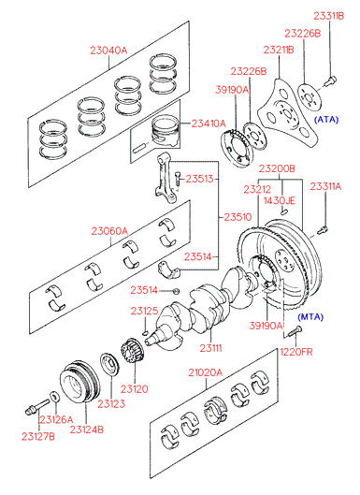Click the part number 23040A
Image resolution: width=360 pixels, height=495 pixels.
(x=108, y=51)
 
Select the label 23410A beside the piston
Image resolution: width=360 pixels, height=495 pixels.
(x=209, y=124)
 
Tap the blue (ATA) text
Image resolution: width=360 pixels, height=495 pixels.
(x=326, y=120)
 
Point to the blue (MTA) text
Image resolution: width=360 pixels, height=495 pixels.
(x=310, y=316)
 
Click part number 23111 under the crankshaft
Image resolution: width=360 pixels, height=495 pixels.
(x=210, y=348)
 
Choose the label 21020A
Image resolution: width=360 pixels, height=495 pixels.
(x=206, y=372)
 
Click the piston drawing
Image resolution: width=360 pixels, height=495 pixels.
(x=165, y=130)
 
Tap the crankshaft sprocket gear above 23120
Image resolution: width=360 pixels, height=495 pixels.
(x=133, y=351)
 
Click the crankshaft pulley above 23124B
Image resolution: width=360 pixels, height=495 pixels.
(x=79, y=381)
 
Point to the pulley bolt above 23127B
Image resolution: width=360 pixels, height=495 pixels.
(x=37, y=406)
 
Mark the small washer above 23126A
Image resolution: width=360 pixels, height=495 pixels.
(x=54, y=397)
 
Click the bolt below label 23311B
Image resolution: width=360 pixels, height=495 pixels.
(x=330, y=80)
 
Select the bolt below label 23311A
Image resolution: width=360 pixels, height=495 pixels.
(x=323, y=229)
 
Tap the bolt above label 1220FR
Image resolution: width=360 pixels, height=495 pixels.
(x=295, y=331)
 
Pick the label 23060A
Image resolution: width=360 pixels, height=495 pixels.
(x=109, y=231)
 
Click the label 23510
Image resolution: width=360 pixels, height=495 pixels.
(x=238, y=217)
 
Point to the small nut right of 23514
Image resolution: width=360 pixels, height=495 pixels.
(x=177, y=290)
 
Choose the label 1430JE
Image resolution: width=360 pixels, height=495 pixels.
(x=280, y=200)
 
